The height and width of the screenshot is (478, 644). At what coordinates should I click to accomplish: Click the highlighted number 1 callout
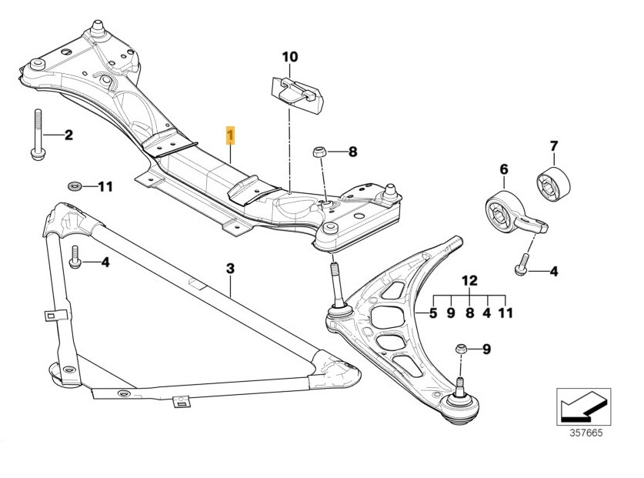[230, 136]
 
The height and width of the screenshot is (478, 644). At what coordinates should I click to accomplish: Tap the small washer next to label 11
[75, 186]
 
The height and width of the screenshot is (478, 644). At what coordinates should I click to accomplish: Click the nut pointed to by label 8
[319, 152]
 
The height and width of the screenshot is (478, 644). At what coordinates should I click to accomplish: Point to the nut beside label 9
[461, 349]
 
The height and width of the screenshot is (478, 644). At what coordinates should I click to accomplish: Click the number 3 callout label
[229, 269]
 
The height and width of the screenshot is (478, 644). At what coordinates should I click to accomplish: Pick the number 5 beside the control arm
[433, 313]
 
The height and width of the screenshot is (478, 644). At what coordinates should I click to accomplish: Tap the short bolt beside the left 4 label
[75, 258]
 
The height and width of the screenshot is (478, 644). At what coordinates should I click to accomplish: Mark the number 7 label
[552, 145]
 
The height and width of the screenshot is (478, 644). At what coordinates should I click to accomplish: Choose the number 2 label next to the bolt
[68, 136]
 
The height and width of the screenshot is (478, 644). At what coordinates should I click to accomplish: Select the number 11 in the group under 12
[506, 313]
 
